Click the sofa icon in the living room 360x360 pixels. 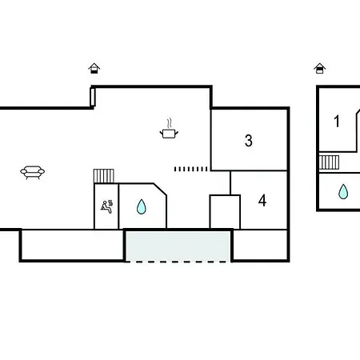33,172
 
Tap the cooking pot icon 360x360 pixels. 169,134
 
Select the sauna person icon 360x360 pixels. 106,206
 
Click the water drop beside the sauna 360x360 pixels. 142,206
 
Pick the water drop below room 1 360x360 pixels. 343,191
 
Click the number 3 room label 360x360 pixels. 249,141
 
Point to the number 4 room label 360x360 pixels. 262,201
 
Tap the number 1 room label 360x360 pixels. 337,122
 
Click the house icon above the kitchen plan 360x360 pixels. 94,68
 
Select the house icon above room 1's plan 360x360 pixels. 319,68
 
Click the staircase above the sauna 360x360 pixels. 104,176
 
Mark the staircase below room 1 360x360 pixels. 329,162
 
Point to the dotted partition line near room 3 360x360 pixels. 190,169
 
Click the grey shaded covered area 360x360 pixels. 178,246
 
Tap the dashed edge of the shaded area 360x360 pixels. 178,262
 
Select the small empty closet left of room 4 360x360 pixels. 225,212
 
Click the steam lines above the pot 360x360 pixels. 169,123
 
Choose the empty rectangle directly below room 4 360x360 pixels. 260,245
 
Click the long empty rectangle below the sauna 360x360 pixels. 72,245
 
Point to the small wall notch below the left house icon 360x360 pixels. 93,97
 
